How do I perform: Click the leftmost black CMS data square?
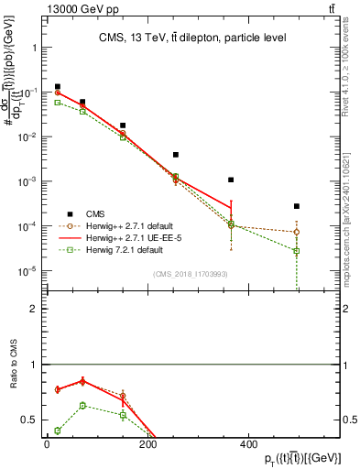coord(57,87)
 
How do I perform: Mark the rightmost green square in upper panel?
coord(297,251)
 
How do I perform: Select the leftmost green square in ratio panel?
coord(57,431)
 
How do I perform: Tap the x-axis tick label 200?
coord(147,445)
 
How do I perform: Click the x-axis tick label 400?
coord(247,445)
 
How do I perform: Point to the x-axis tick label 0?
coord(47,445)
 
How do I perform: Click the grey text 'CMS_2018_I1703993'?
coord(190,274)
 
